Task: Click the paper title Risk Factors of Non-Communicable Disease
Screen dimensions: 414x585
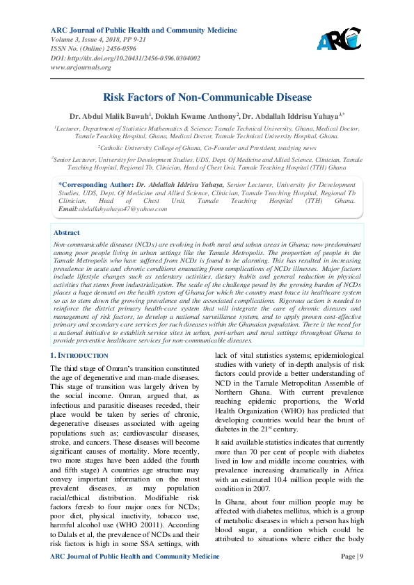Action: tap(207, 98)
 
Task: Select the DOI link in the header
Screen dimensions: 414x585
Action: tap(126, 58)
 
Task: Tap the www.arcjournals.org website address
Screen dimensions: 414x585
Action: tap(81, 67)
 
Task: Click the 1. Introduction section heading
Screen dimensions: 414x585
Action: tap(79, 356)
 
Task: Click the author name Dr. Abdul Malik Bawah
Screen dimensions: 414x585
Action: tap(111, 115)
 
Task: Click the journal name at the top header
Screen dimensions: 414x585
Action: tap(144, 31)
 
